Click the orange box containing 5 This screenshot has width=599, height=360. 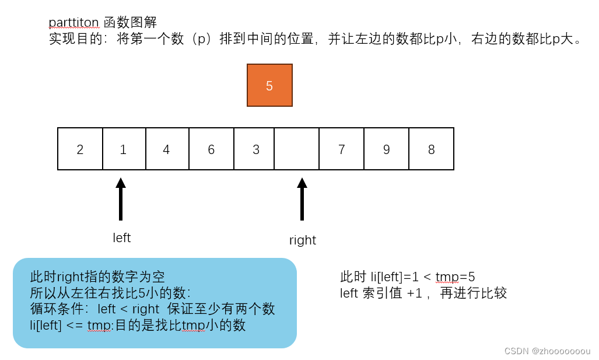pos(269,85)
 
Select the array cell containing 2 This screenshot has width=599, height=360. pos(80,149)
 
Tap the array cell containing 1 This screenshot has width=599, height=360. pos(123,149)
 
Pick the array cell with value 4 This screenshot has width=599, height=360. pos(167,149)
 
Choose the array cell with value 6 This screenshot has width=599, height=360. pos(211,149)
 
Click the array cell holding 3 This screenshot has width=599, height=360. pos(255,149)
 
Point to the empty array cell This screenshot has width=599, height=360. pos(297,149)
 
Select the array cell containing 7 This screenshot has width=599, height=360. pos(341,149)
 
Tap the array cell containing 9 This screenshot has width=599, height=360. pos(386,149)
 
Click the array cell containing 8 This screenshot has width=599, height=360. pos(431,149)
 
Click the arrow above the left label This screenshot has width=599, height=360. pos(121,199)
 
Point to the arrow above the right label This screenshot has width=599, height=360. pos(302,199)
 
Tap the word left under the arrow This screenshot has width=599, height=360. pos(121,238)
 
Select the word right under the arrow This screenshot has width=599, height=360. pos(302,240)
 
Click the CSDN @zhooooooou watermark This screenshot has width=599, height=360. pos(547,351)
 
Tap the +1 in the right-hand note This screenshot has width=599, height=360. pos(414,293)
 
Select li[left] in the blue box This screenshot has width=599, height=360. pos(45,326)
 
